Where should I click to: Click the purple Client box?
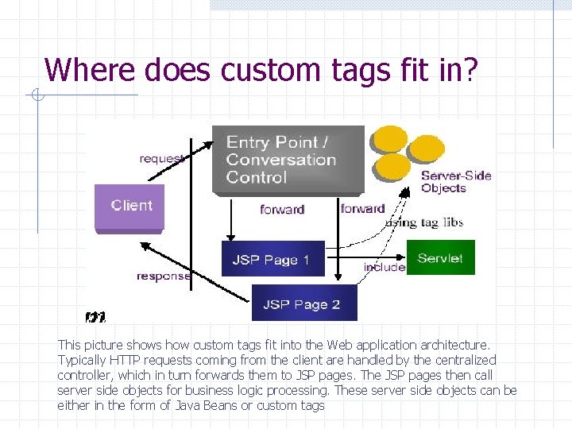(129, 207)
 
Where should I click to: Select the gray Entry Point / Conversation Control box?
(288, 160)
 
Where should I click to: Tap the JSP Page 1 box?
(272, 259)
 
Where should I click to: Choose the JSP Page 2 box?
(303, 303)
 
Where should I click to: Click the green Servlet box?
(440, 257)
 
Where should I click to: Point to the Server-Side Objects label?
(455, 182)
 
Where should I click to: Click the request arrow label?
(161, 158)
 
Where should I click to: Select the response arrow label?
(164, 276)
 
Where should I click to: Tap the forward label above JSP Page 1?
(282, 210)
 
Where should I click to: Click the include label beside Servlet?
(385, 268)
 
